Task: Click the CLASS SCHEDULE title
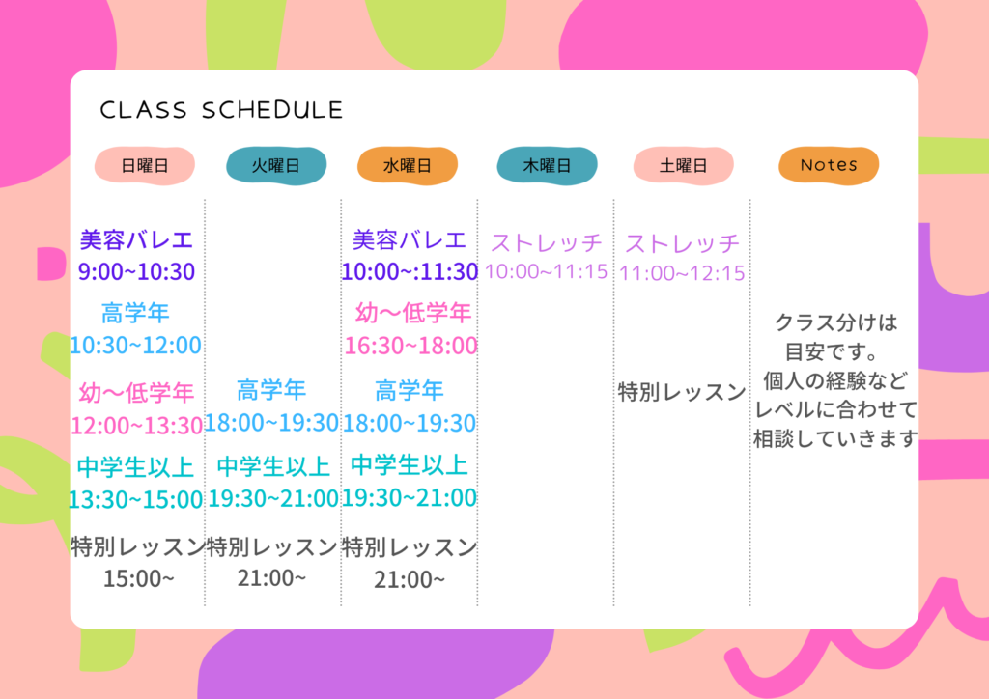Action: tap(221, 110)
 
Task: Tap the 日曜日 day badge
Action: tap(145, 166)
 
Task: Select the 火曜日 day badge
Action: tap(276, 166)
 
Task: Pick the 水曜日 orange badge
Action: tap(408, 166)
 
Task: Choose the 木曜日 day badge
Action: tap(547, 166)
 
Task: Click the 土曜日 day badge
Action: tap(683, 166)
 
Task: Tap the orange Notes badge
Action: tap(829, 166)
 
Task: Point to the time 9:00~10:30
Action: tap(136, 271)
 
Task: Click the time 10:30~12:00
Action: tap(135, 345)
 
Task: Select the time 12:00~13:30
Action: tap(136, 426)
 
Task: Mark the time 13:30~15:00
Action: tap(135, 499)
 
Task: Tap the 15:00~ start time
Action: tap(138, 578)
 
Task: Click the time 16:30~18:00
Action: tap(410, 346)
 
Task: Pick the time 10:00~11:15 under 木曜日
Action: tap(547, 271)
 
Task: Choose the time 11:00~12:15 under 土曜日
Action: tap(682, 273)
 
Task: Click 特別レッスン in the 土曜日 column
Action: tap(682, 392)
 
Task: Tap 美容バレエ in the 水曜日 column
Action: tap(409, 240)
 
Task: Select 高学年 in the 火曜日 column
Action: tap(271, 390)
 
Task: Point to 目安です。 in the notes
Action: tap(832, 351)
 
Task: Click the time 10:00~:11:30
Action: tap(410, 271)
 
